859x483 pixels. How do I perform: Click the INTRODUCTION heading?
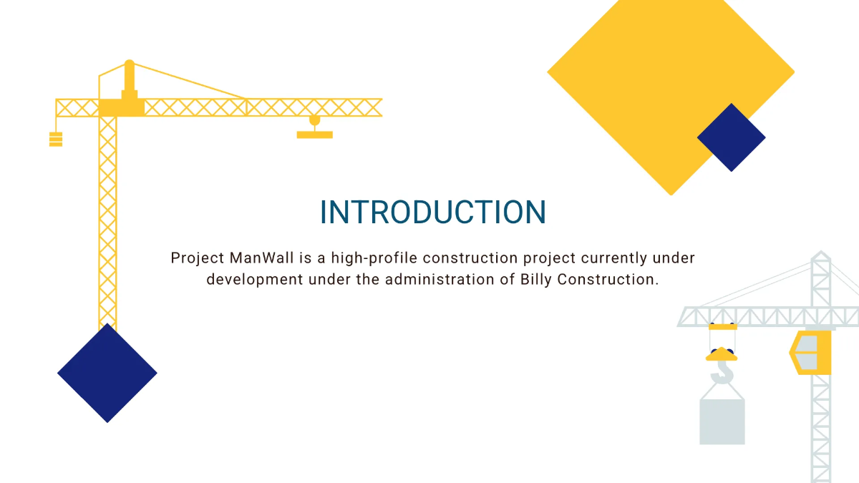432,213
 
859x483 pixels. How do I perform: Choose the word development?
254,279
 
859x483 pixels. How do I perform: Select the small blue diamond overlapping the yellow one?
731,137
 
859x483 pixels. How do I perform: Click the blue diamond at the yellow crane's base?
107,373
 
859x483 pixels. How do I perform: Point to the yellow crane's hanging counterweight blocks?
56,139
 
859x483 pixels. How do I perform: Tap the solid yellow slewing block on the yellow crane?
122,107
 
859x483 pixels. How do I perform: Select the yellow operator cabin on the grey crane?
811,352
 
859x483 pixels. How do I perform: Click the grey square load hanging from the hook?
722,421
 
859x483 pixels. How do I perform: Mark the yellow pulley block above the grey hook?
722,353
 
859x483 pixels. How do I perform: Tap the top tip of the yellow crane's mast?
129,63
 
